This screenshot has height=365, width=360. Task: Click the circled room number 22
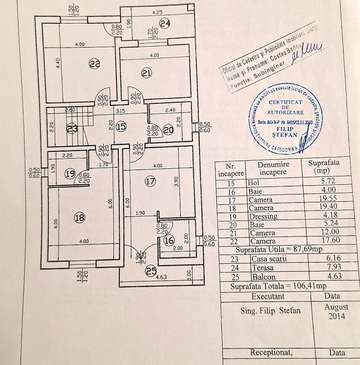95,64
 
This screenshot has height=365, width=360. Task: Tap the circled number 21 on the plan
147,73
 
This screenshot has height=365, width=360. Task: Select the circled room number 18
79,218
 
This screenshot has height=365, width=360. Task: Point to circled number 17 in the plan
150,181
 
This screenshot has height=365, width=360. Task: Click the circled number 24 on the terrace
165,24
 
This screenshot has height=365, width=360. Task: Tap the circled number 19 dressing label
70,174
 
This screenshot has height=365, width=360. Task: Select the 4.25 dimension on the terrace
158,13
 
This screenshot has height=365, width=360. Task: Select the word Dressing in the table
263,216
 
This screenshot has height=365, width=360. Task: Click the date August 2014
336,311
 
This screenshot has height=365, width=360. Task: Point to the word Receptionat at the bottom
271,352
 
